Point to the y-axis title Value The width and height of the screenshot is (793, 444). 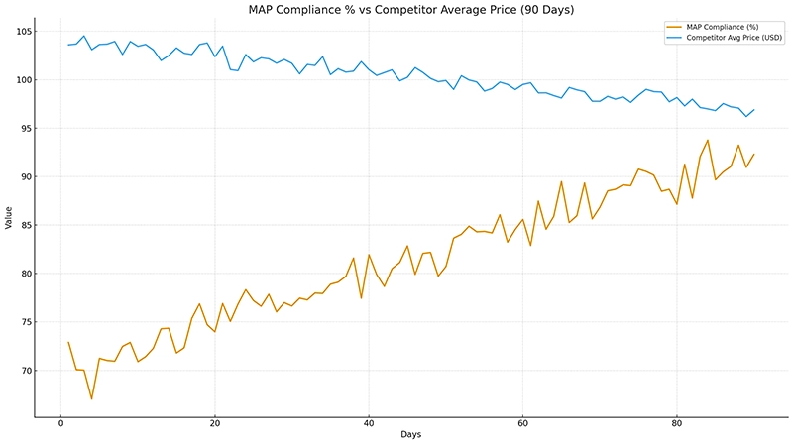pyautogui.click(x=9, y=218)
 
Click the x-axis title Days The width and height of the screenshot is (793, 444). pyautogui.click(x=410, y=434)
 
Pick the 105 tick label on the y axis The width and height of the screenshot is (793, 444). pyautogui.click(x=22, y=31)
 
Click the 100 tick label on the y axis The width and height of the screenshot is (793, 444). pyautogui.click(x=22, y=79)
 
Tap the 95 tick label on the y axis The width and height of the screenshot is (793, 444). pyautogui.click(x=24, y=128)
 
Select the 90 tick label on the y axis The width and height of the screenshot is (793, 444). pyautogui.click(x=24, y=176)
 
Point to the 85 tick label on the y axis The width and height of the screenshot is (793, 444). pyautogui.click(x=24, y=225)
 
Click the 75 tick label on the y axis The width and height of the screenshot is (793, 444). pyautogui.click(x=24, y=322)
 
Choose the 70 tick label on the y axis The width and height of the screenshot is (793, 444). pyautogui.click(x=24, y=371)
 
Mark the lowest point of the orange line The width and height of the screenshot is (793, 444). pyautogui.click(x=92, y=399)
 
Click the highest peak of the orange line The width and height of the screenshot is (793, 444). pyautogui.click(x=708, y=140)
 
